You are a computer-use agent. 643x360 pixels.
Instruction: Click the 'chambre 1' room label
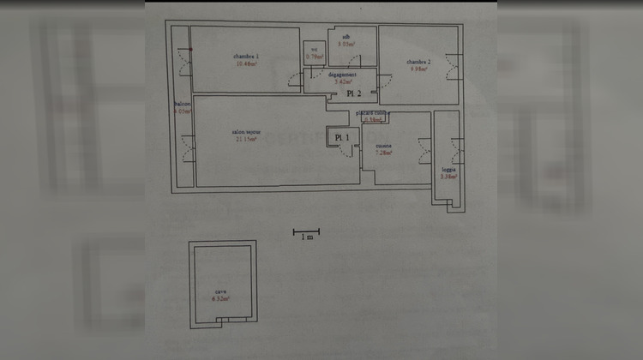click(x=245, y=57)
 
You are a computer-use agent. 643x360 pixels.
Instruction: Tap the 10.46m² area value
click(x=245, y=64)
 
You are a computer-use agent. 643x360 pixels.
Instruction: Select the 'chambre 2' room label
click(x=418, y=62)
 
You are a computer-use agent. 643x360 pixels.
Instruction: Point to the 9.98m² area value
click(x=418, y=69)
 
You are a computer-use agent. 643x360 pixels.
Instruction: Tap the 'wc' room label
click(x=315, y=50)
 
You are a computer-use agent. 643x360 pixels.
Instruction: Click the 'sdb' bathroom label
click(x=346, y=37)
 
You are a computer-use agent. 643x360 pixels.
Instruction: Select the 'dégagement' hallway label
click(x=341, y=75)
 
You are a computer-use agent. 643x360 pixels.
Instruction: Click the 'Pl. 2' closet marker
click(x=354, y=93)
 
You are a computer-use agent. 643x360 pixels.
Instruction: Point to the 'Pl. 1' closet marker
click(x=341, y=137)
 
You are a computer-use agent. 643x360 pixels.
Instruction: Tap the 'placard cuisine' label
click(x=374, y=113)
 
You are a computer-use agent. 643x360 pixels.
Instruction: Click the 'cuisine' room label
click(x=383, y=146)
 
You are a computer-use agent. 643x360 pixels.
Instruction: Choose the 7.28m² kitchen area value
click(x=383, y=153)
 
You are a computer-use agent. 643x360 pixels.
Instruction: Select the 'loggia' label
click(x=448, y=170)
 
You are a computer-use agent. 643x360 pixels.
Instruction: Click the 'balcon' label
click(x=181, y=105)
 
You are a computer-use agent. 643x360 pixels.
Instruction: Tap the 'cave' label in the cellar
click(x=220, y=291)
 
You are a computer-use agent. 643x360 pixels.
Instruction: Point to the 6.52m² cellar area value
click(x=220, y=299)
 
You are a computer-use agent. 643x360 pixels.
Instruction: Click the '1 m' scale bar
click(x=306, y=231)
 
